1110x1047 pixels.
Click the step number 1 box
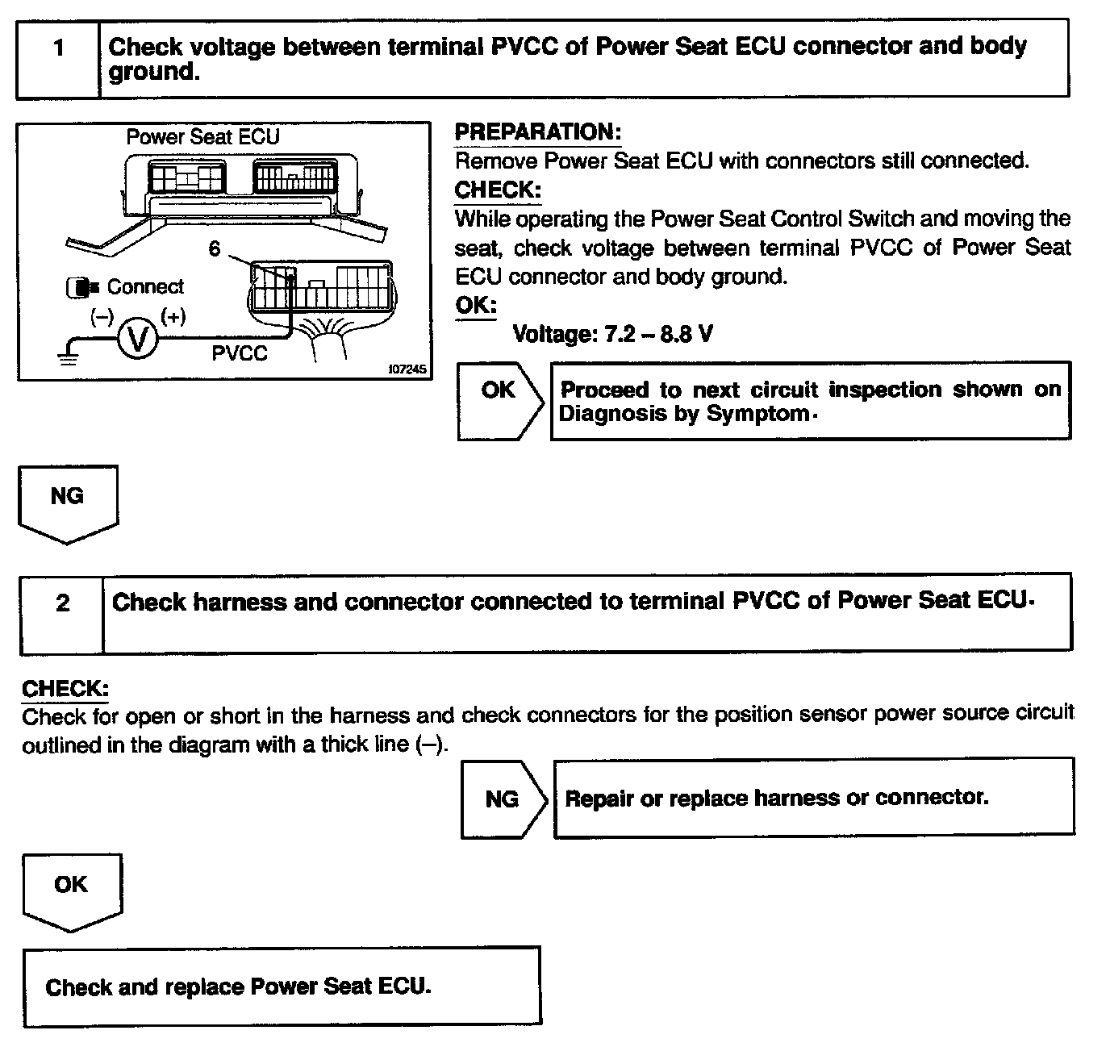coord(58,49)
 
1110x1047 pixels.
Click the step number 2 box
coord(62,603)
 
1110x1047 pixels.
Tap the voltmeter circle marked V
coord(138,340)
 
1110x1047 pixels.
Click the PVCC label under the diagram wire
coord(240,353)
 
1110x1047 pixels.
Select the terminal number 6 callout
coord(214,249)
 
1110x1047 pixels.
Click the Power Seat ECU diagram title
coord(202,137)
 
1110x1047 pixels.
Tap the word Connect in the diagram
coord(145,287)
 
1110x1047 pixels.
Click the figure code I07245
coord(407,369)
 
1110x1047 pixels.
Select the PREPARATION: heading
coord(538,132)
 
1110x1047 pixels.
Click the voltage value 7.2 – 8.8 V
coord(613,333)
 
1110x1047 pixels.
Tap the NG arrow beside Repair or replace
coord(503,799)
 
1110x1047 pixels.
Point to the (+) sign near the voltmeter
coord(173,316)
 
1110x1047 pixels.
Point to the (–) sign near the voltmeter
coord(102,316)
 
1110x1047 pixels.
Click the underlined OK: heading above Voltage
coord(475,306)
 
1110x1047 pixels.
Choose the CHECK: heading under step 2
coord(65,689)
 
